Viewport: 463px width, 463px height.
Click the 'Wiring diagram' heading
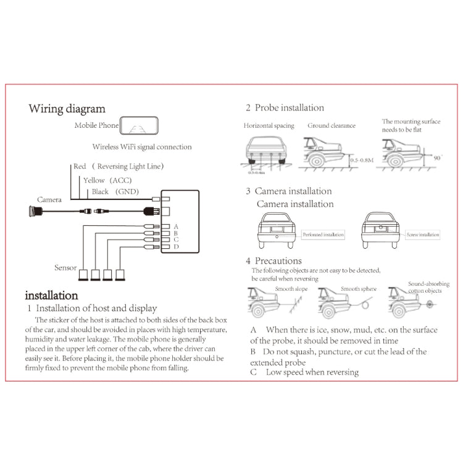click(67, 109)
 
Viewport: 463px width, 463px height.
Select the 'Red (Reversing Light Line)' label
click(118, 166)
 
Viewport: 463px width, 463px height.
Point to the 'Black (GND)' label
click(115, 192)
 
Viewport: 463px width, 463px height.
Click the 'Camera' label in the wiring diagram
click(49, 199)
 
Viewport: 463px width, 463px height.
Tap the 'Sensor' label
click(65, 267)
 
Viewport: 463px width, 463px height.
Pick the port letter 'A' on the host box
click(177, 226)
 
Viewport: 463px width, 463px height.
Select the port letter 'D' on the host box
click(177, 247)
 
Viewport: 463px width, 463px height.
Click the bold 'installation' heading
click(51, 295)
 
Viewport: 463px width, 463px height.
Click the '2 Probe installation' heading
click(285, 107)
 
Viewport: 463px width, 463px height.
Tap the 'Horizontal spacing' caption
click(269, 125)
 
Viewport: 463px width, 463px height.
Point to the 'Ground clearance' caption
click(332, 125)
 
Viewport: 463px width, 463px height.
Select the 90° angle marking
click(440, 157)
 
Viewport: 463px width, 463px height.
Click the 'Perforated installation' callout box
click(323, 235)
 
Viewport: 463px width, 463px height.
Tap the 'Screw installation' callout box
click(423, 235)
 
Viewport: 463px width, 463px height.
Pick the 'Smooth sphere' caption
click(359, 288)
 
